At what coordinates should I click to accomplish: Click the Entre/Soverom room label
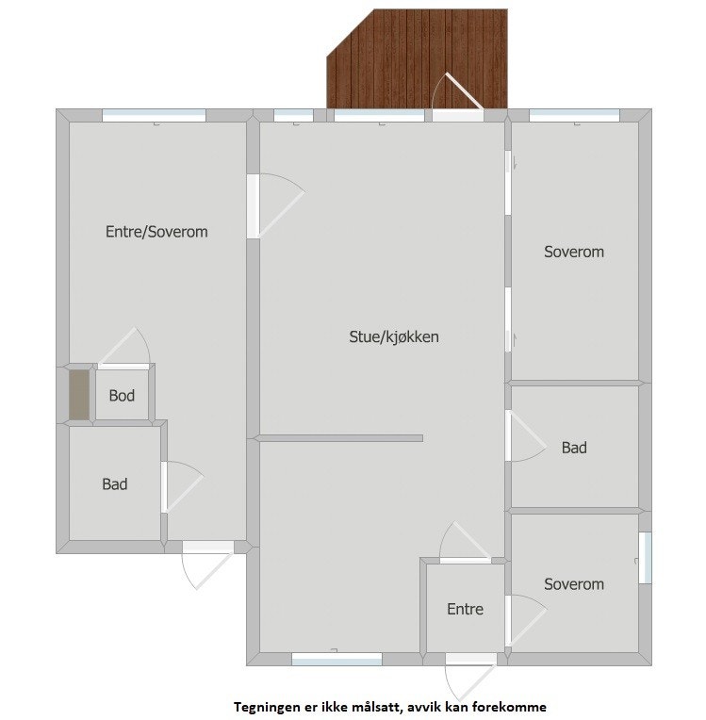(x=156, y=232)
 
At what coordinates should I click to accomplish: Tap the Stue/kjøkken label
(x=394, y=336)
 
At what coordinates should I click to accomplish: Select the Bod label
(x=122, y=396)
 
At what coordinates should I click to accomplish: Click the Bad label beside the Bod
(x=115, y=484)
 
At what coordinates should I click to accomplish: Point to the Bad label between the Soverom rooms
(x=574, y=448)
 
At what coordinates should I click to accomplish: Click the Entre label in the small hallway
(x=465, y=610)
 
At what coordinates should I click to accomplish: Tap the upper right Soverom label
(x=574, y=252)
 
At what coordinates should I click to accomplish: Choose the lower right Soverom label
(x=574, y=584)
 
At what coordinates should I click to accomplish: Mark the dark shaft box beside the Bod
(x=79, y=395)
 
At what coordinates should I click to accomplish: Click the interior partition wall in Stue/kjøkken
(x=339, y=437)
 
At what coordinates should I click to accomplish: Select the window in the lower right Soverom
(x=646, y=558)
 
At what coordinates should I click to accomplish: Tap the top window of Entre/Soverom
(x=154, y=115)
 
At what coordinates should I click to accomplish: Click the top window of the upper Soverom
(x=574, y=115)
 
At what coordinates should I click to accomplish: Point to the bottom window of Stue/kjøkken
(x=337, y=659)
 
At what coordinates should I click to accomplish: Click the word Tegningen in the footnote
(x=267, y=706)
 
